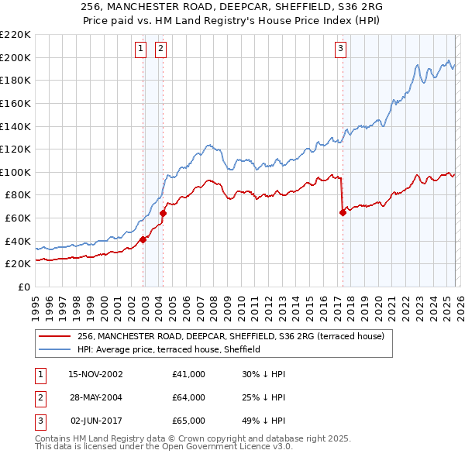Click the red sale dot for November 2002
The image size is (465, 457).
143,239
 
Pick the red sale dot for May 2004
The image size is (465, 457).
164,213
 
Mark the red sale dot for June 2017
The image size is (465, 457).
343,212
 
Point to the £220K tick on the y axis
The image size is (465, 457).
15,35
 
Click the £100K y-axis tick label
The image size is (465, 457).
15,172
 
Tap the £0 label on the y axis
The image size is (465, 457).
25,287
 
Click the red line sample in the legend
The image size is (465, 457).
55,337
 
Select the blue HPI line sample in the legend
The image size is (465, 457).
55,350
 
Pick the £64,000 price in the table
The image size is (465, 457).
188,397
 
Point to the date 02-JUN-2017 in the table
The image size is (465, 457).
96,421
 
